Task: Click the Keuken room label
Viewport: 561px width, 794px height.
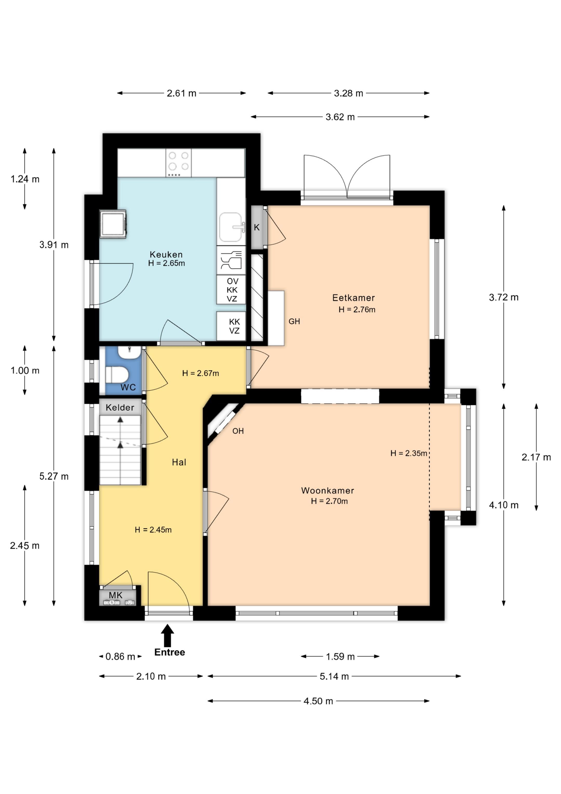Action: [166, 254]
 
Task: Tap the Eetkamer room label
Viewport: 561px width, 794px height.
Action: [353, 298]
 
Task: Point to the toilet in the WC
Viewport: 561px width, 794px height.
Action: [117, 375]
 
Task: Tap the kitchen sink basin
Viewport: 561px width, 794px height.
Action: [231, 227]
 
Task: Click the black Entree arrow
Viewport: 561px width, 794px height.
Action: [167, 635]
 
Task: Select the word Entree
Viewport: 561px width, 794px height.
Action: [169, 652]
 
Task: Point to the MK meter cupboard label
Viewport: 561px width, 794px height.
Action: [116, 595]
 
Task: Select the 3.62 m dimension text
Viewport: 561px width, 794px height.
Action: [340, 117]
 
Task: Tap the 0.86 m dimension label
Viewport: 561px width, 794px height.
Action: [120, 656]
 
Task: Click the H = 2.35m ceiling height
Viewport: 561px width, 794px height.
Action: [409, 453]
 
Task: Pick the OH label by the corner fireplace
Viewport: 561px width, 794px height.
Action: [238, 431]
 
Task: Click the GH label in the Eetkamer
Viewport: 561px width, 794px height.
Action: [294, 321]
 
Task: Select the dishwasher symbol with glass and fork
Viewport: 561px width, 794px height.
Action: [231, 260]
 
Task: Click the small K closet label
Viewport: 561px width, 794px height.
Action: [257, 227]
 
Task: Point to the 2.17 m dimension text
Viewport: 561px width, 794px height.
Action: [536, 457]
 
